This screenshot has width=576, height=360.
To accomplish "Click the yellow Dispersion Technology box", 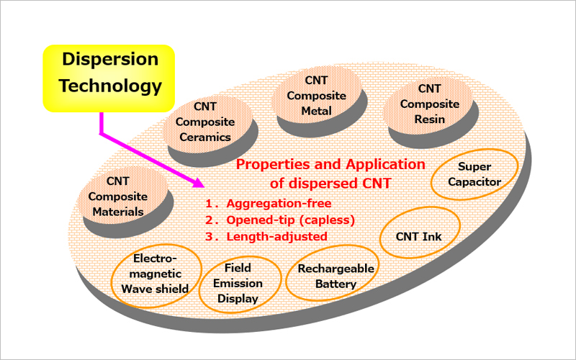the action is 109,78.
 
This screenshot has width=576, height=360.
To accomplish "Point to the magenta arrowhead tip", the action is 204,186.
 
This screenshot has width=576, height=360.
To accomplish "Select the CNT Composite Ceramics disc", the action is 210,130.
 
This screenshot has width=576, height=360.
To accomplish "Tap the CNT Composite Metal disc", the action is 319,103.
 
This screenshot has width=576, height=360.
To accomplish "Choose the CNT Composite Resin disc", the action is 431,112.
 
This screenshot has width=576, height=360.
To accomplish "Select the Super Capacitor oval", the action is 474,174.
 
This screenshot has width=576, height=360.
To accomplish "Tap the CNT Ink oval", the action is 420,233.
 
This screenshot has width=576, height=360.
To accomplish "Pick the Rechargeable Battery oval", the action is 332,273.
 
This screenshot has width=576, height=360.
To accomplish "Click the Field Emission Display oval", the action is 240,284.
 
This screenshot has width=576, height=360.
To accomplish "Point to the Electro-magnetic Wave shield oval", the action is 156,276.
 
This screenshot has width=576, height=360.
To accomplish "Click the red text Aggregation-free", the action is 279,203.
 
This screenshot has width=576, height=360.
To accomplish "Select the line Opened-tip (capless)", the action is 291,220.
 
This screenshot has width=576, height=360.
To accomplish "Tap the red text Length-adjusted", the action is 276,236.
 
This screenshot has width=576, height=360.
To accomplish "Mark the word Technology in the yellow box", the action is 110,86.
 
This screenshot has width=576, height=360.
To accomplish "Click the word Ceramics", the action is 205,137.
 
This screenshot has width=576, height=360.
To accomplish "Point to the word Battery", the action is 336,284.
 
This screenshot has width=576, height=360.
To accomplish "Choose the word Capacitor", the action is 474,182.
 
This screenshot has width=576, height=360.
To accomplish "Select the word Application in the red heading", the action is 385,165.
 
